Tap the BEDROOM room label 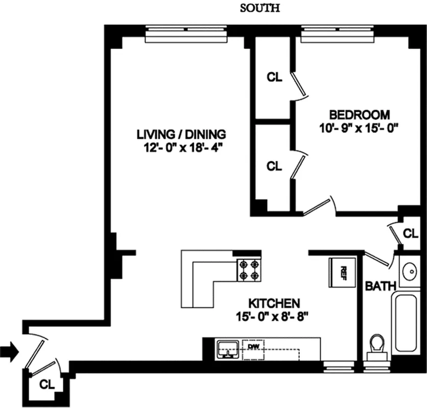pos(359,114)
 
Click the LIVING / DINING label pos(181,135)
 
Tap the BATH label pos(377,287)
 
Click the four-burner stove pos(248,270)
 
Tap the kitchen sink pos(228,348)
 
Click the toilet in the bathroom pos(378,346)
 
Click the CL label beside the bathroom pos(411,234)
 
